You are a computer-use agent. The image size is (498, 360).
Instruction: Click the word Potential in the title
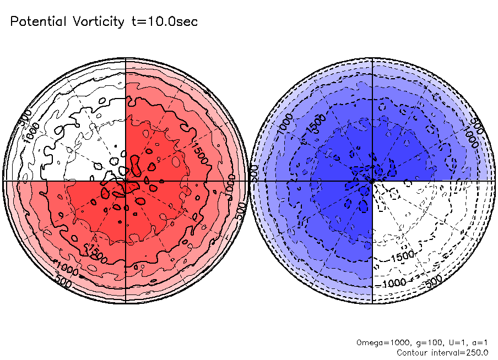37,22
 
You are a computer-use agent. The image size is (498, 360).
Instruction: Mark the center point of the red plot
126,180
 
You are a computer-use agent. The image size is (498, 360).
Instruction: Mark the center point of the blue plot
372,180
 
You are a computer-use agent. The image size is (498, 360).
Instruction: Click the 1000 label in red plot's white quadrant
31,131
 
